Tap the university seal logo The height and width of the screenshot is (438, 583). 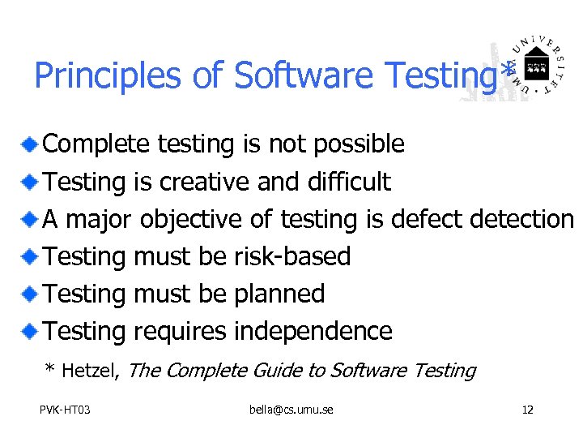tap(534, 68)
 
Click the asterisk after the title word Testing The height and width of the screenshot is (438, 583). tap(508, 71)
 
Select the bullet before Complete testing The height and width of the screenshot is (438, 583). tap(30, 144)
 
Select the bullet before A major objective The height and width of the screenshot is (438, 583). tap(30, 219)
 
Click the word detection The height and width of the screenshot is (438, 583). tap(523, 219)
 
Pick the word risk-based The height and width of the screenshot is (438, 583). tap(292, 256)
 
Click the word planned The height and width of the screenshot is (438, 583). tap(279, 294)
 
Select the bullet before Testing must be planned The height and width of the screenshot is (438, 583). tap(30, 294)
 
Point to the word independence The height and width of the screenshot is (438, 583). tap(313, 331)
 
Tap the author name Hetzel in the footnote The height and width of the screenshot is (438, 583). tap(91, 371)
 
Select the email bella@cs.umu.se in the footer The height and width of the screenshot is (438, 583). tap(291, 410)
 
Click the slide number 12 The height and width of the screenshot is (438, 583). tap(527, 410)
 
